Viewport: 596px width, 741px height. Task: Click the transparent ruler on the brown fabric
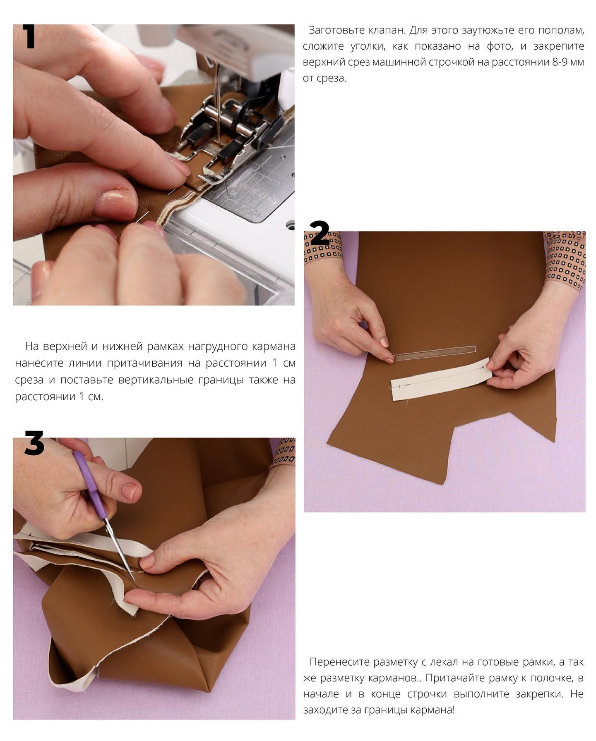(435, 353)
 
